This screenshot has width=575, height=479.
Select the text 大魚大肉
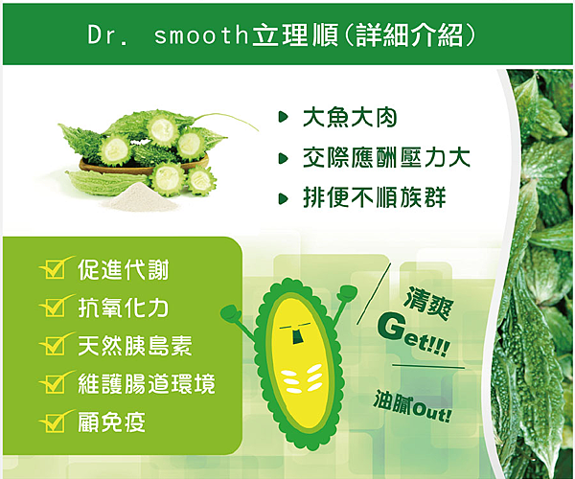pos(350,118)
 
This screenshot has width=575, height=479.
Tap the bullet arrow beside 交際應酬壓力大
pos(283,158)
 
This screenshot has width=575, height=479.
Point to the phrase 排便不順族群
pos(375,197)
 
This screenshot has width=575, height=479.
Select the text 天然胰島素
pos(134,346)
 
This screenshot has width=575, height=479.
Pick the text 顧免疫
pos(111,422)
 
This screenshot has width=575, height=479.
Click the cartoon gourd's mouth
pos(297,336)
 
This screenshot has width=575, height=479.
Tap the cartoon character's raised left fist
pos(230,312)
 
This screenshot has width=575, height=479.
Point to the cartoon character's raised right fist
pos(347,293)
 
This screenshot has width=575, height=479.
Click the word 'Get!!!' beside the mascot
pos(412,333)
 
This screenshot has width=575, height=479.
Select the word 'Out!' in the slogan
pos(431,414)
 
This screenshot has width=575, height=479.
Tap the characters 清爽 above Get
pos(428,304)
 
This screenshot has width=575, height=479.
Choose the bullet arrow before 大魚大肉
pos(283,117)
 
